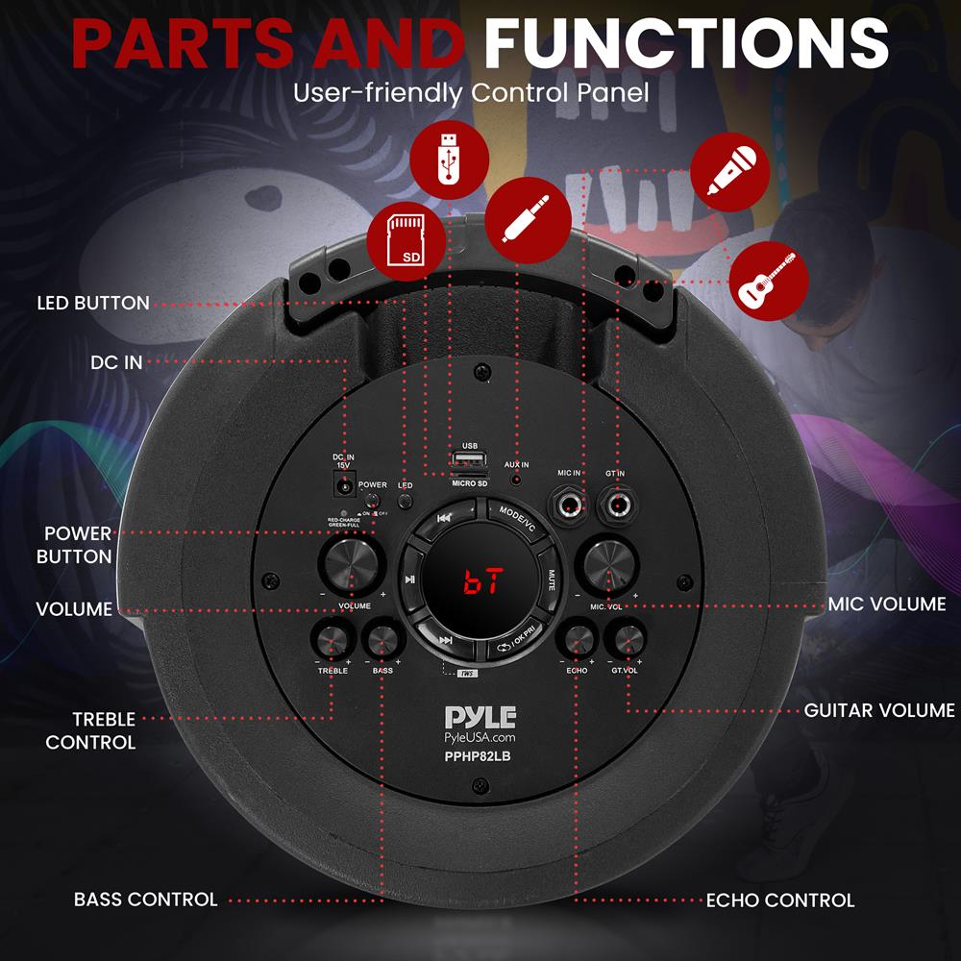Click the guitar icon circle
(766, 279)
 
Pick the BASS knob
(382, 640)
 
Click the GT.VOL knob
(626, 640)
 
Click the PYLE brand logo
(480, 717)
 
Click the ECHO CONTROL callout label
(779, 900)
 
